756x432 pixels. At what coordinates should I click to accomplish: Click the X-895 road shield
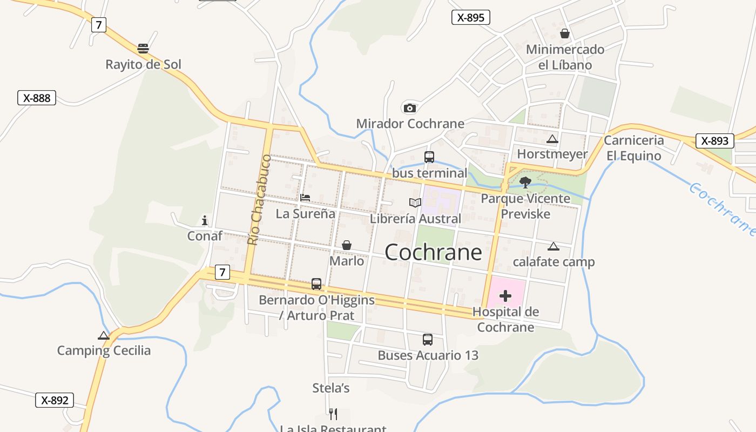[x=470, y=17]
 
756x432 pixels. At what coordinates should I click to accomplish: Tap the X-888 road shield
[x=37, y=98]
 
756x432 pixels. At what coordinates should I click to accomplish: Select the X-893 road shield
[x=714, y=141]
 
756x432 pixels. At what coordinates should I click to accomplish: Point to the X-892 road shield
[x=55, y=400]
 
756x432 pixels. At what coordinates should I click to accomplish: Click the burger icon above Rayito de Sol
[x=143, y=49]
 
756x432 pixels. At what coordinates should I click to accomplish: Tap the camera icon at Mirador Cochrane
[x=409, y=108]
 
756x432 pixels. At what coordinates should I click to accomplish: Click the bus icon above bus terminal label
[x=429, y=157]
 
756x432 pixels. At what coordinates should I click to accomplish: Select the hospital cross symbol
[x=505, y=296]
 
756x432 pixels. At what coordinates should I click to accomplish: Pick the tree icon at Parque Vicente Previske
[x=525, y=182]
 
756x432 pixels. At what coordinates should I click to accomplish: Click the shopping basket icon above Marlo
[x=347, y=245]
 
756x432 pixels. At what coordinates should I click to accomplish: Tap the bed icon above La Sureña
[x=305, y=198]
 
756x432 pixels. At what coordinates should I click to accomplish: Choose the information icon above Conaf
[x=205, y=220]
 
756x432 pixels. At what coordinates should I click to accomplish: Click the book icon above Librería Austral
[x=415, y=203]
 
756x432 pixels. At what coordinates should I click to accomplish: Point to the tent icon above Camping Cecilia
[x=104, y=335]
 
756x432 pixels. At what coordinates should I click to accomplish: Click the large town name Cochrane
[x=433, y=252]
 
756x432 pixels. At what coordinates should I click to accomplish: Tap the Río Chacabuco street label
[x=259, y=200]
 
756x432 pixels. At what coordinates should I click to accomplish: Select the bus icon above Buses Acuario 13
[x=427, y=340]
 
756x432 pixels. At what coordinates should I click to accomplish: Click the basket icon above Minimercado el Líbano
[x=565, y=33]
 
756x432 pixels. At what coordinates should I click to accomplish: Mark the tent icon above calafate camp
[x=553, y=247]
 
